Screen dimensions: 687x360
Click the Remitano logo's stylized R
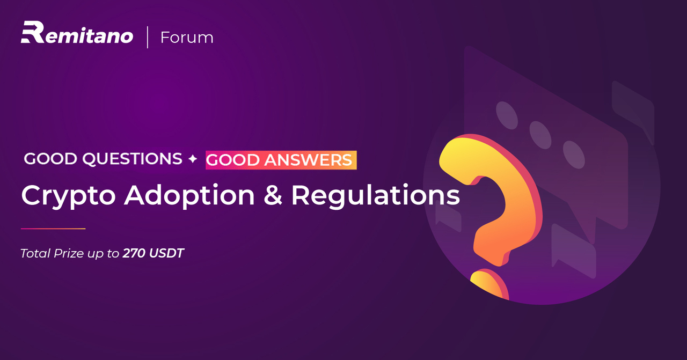[33, 32]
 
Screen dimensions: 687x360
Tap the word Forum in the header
[187, 38]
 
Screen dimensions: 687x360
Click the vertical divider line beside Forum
[148, 37]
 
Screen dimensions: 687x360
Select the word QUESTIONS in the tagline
[132, 159]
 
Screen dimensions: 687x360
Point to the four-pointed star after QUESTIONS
[193, 159]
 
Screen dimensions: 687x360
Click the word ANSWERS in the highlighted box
[308, 160]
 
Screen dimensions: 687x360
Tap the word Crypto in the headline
[68, 196]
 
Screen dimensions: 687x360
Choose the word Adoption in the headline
[189, 196]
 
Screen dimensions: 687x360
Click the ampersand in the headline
[272, 195]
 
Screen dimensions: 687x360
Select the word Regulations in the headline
[375, 195]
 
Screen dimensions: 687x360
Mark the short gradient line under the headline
[53, 229]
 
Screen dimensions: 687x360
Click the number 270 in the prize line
[134, 253]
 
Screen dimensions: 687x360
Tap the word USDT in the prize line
[166, 253]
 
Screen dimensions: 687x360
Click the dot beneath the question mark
[489, 283]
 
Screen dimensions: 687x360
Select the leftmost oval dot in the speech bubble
[507, 115]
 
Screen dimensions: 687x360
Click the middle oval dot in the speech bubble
[540, 135]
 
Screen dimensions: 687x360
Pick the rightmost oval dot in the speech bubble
[574, 155]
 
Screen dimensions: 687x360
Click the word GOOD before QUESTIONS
[50, 159]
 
